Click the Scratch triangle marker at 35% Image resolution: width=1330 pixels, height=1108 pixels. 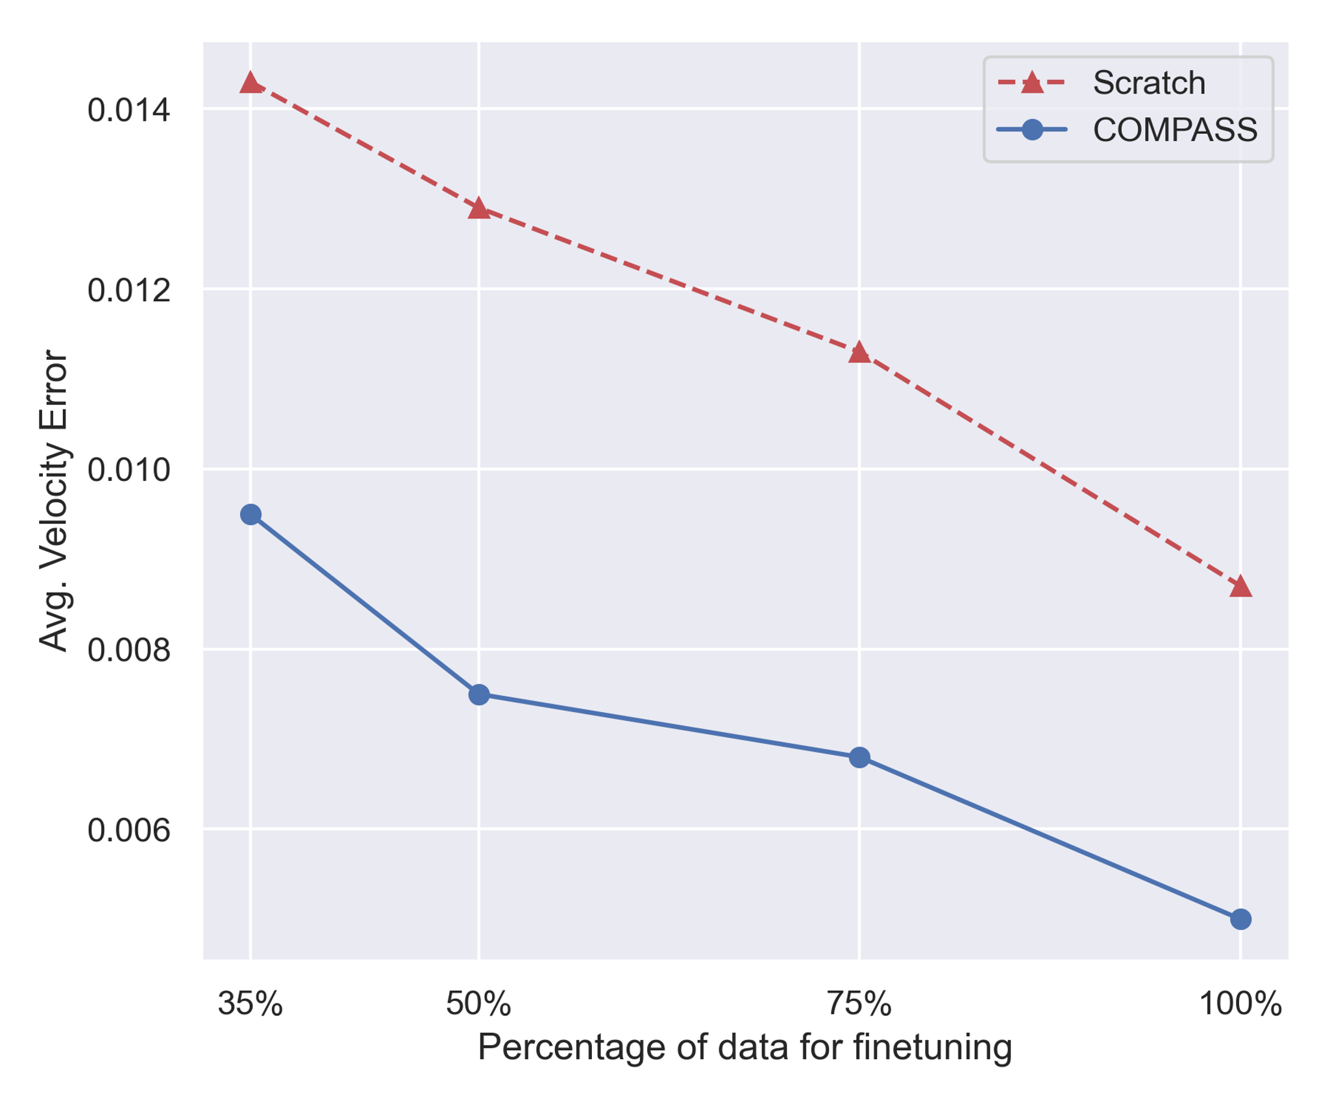pos(251,83)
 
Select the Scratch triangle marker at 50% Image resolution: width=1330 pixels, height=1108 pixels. pos(478,209)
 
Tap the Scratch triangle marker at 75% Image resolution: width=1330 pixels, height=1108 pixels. pos(859,352)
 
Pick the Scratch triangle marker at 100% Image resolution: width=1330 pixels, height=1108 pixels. pos(1240,586)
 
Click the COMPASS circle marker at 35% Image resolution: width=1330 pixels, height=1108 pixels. pos(251,515)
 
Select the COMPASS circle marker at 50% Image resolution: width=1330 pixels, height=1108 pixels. pos(478,695)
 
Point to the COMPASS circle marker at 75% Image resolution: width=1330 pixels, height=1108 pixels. pos(859,757)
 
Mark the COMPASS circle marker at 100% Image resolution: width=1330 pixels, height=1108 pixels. pos(1240,919)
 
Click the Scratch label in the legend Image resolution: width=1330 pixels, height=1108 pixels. pos(1148,83)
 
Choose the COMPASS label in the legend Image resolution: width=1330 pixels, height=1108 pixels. pos(1175,130)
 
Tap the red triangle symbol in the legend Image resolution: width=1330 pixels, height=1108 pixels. pos(1031,83)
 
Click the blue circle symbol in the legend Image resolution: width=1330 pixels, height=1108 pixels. pos(1031,130)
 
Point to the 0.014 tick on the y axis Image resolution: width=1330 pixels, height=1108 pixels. pos(129,110)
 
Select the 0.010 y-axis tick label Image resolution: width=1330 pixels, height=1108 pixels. pos(129,470)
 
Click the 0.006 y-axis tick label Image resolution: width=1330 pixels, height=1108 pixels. pos(129,830)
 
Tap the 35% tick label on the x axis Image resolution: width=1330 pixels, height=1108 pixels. pos(251,1004)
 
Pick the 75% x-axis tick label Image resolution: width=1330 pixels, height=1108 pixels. pos(859,1004)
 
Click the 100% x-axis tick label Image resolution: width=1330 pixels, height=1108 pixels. pos(1240,1004)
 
